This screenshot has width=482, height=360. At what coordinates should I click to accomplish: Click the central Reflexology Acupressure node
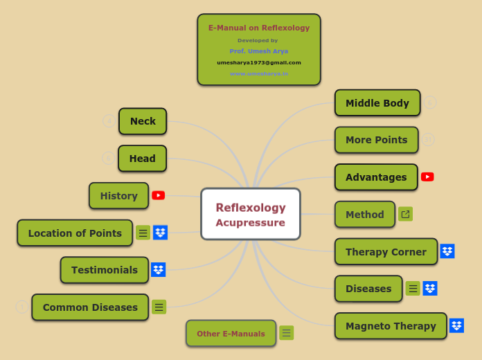[250, 215]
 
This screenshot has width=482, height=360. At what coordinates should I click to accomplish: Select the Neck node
[143, 121]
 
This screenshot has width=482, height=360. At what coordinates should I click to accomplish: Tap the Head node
[142, 159]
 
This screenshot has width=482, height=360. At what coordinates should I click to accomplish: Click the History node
[118, 196]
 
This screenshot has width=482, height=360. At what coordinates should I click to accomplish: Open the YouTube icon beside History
[159, 195]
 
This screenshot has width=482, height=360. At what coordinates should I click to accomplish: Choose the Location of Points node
[75, 233]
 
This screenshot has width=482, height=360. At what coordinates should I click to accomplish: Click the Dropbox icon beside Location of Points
[160, 233]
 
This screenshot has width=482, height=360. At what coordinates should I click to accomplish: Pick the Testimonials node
[105, 270]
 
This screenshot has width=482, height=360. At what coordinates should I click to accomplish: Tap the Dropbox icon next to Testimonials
[159, 270]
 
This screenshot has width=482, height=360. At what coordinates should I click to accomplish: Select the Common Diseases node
[90, 307]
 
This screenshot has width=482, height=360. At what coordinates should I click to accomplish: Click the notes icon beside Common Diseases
[159, 307]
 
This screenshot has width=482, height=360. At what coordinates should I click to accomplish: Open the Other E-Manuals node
[231, 334]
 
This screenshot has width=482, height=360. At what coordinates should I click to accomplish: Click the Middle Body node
[377, 103]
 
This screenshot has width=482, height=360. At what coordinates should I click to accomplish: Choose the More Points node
[377, 140]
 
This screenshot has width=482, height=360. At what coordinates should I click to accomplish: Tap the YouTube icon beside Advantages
[427, 177]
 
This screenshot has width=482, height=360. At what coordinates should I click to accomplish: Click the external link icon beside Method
[406, 214]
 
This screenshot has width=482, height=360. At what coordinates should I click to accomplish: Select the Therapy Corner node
[386, 252]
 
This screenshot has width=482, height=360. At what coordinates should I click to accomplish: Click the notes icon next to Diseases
[413, 289]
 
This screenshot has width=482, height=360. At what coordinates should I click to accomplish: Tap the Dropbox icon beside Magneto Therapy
[456, 325]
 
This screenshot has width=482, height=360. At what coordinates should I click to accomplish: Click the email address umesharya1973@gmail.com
[259, 62]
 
